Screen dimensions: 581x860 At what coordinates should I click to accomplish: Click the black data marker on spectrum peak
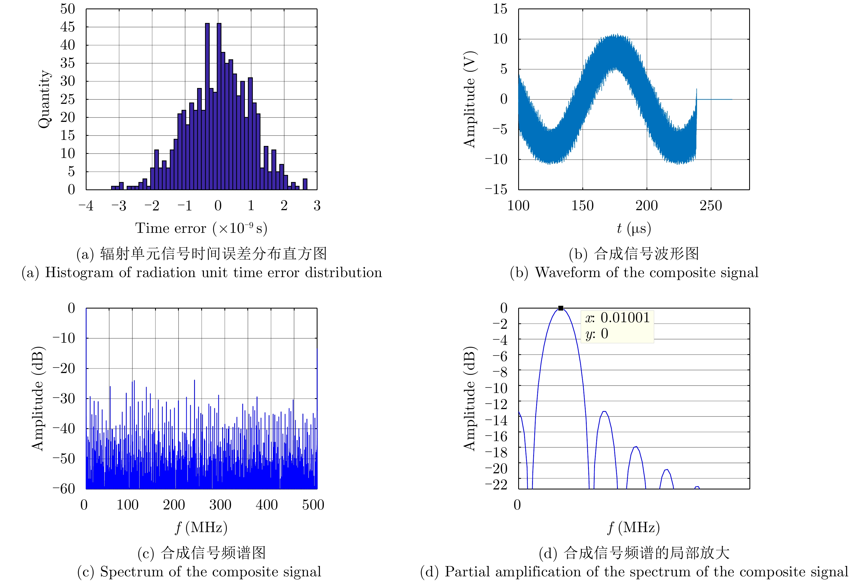561,308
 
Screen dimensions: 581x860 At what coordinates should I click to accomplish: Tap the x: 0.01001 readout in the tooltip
617,318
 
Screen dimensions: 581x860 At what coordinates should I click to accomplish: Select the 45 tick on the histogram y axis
68,27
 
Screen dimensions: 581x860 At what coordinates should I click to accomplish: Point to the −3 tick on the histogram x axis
118,206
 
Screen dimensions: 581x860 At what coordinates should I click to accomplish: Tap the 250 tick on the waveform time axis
710,206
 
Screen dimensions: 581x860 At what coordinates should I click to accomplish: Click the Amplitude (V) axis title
469,99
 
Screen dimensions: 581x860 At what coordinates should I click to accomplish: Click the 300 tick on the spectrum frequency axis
220,505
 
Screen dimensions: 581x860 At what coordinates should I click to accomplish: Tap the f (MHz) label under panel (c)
201,527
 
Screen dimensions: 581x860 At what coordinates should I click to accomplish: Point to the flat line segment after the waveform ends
714,99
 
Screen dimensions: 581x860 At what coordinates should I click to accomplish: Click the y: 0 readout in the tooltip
597,334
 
